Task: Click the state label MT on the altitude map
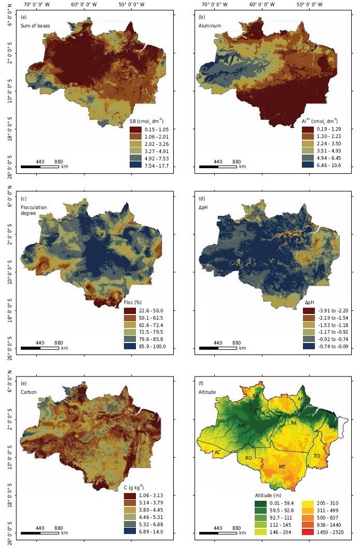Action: tap(282, 466)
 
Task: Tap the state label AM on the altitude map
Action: tap(241, 425)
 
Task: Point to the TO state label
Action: tap(317, 455)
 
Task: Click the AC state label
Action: tap(218, 453)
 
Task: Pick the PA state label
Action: tap(294, 423)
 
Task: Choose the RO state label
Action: tap(249, 458)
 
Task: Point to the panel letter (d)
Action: tap(201, 199)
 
